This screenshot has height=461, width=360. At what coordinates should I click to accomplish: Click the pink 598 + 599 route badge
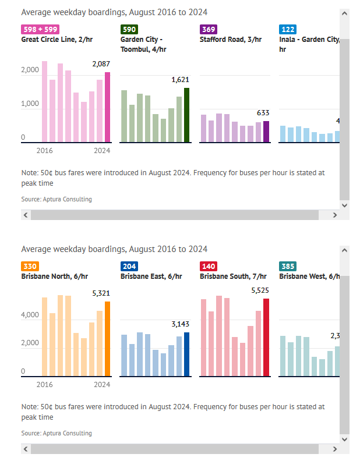click(40, 29)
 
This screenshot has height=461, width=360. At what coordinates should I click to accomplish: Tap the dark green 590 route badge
click(129, 29)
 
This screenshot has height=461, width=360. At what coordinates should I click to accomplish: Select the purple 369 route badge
click(208, 29)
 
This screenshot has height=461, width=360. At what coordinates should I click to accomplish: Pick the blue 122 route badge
click(287, 29)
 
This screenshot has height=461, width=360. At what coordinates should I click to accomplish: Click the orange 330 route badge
click(30, 266)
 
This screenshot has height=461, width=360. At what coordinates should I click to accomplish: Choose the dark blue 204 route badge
click(129, 266)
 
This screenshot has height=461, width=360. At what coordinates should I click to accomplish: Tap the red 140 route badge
click(208, 266)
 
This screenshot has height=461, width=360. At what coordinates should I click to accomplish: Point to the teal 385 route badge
click(287, 266)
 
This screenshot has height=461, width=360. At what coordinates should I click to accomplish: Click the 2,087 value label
click(101, 64)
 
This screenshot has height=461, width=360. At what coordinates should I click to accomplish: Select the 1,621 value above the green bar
click(181, 80)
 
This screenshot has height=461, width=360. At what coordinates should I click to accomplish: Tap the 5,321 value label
click(101, 293)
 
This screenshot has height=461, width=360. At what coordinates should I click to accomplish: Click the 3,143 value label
click(181, 324)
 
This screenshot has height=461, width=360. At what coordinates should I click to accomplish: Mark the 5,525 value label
click(260, 290)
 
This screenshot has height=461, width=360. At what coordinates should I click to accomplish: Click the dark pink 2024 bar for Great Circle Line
click(107, 107)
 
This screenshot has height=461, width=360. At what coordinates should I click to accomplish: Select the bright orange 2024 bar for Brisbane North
click(107, 339)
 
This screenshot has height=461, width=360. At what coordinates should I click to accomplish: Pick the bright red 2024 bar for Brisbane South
click(266, 338)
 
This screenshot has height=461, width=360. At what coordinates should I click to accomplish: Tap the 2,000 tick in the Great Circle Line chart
click(31, 69)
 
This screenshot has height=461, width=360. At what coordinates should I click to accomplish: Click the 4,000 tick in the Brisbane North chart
click(31, 315)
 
